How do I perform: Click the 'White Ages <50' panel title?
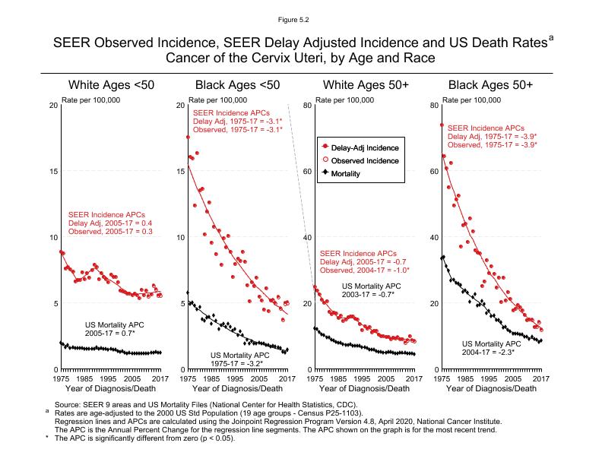(111, 84)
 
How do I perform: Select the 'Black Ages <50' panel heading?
(238, 84)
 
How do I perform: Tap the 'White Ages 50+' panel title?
(365, 84)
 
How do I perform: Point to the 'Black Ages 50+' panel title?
(490, 84)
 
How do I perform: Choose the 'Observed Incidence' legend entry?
(363, 160)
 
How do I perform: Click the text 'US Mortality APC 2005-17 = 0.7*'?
(115, 329)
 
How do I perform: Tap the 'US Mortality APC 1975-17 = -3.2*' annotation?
(239, 359)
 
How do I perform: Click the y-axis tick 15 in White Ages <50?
(52, 171)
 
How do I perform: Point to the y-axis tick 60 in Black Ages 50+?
(433, 171)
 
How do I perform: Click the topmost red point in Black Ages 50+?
(442, 125)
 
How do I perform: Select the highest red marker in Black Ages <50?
(188, 138)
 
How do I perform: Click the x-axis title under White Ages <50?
(110, 389)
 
